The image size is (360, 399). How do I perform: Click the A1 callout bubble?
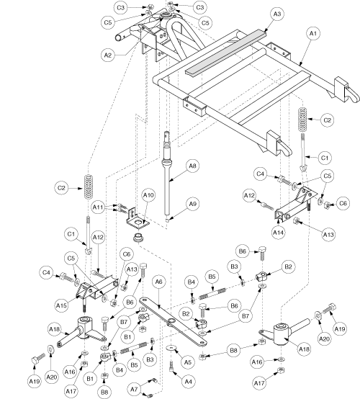[x=313, y=34]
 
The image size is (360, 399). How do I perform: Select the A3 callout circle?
[x=276, y=14]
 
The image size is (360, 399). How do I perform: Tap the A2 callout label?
[x=108, y=55]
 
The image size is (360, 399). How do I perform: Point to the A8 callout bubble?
[x=192, y=166]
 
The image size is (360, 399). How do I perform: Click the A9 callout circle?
[x=192, y=204]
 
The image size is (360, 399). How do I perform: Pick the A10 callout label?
[x=148, y=195]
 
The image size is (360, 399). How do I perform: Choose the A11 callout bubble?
[x=98, y=207]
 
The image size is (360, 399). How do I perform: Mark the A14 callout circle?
[x=278, y=233]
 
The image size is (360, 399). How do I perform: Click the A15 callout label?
[x=62, y=305]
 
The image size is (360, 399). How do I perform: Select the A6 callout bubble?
[x=158, y=282]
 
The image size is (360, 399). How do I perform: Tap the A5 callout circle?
[x=187, y=362]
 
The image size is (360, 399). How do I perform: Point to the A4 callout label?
[x=188, y=382]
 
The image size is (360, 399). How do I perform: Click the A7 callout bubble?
[x=134, y=390]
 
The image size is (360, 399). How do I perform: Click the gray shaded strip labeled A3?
[x=226, y=52]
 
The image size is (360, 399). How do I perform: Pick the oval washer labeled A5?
[x=171, y=348]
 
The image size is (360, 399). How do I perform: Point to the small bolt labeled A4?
[x=171, y=367]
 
